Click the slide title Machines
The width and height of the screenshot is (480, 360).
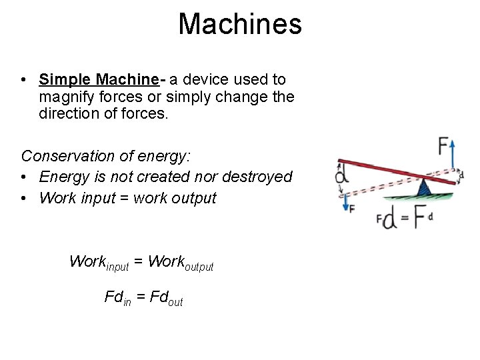pos(240,25)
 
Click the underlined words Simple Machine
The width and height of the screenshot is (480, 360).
pos(98,80)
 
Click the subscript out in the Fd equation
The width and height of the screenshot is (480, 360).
pos(175,301)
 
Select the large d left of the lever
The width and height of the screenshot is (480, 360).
pos(342,175)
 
